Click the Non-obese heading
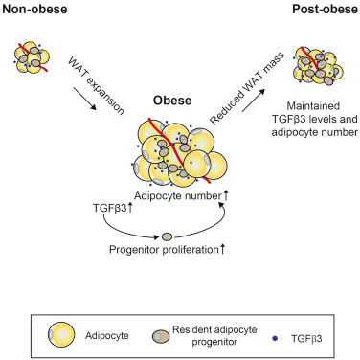(x=34, y=9)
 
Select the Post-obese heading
(x=326, y=9)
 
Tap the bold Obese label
(x=172, y=101)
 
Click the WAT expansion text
(x=96, y=86)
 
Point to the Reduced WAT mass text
(x=247, y=88)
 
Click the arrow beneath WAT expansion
(x=85, y=99)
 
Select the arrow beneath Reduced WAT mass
(x=254, y=101)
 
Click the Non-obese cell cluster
(x=32, y=57)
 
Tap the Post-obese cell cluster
(x=318, y=66)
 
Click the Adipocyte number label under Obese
(x=178, y=195)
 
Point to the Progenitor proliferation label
(x=164, y=249)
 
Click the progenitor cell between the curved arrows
(x=167, y=236)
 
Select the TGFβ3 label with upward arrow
(x=112, y=209)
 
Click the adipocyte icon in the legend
(x=61, y=335)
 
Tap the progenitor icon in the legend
(x=161, y=336)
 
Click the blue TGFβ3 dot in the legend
(x=275, y=339)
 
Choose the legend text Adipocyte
(x=107, y=336)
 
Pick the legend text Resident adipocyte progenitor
(x=214, y=336)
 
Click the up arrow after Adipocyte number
(x=225, y=195)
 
